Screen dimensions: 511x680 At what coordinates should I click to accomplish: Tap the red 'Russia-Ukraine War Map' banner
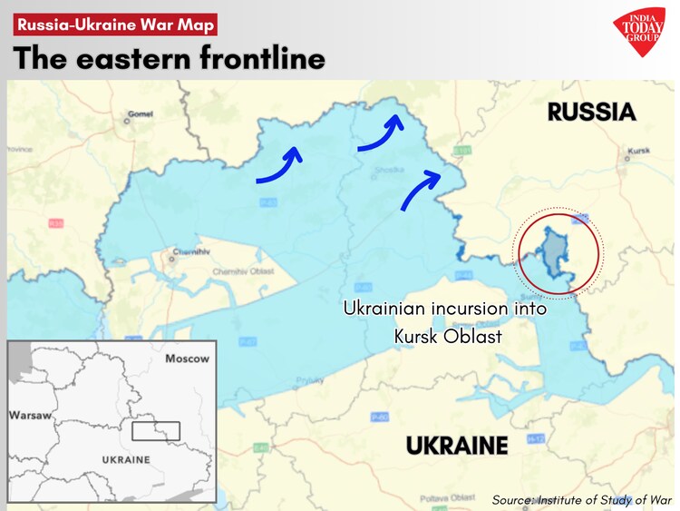(x=115, y=25)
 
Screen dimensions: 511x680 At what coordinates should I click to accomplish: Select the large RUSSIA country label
(x=591, y=113)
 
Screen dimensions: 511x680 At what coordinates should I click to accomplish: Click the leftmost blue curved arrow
(x=279, y=166)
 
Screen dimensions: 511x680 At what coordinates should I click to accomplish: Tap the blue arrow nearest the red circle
(x=422, y=188)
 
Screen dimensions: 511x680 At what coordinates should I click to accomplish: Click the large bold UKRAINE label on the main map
(x=456, y=446)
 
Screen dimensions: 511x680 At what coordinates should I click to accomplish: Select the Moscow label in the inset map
(x=187, y=359)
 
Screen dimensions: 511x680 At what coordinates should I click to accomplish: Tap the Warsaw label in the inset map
(x=30, y=415)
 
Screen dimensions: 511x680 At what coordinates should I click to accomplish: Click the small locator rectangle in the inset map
(x=156, y=430)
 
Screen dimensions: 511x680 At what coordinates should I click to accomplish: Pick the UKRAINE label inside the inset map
(x=126, y=459)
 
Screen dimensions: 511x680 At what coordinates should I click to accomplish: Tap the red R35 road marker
(x=56, y=221)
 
